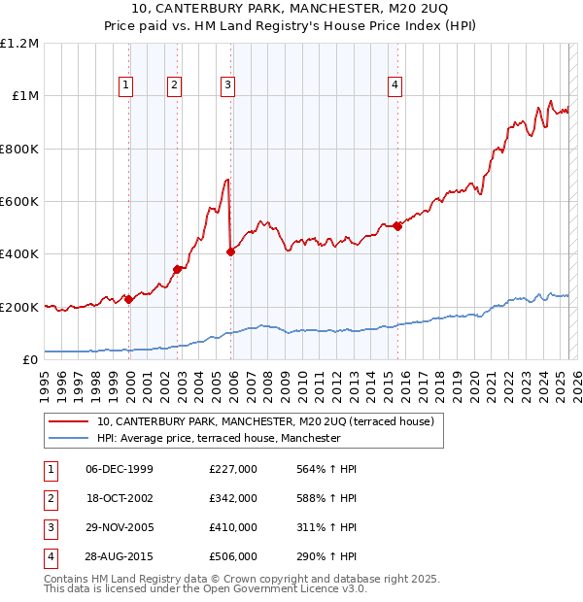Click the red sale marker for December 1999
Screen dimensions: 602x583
tap(129, 300)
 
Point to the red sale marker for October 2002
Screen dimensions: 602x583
tap(177, 270)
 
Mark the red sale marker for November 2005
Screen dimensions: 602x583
tap(231, 252)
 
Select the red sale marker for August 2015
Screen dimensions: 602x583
tap(398, 227)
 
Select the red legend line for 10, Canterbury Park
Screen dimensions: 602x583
tap(68, 422)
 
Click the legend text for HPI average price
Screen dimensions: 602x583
tap(219, 439)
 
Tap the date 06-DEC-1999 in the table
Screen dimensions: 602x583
tap(120, 470)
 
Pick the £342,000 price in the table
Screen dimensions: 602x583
tap(233, 498)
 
